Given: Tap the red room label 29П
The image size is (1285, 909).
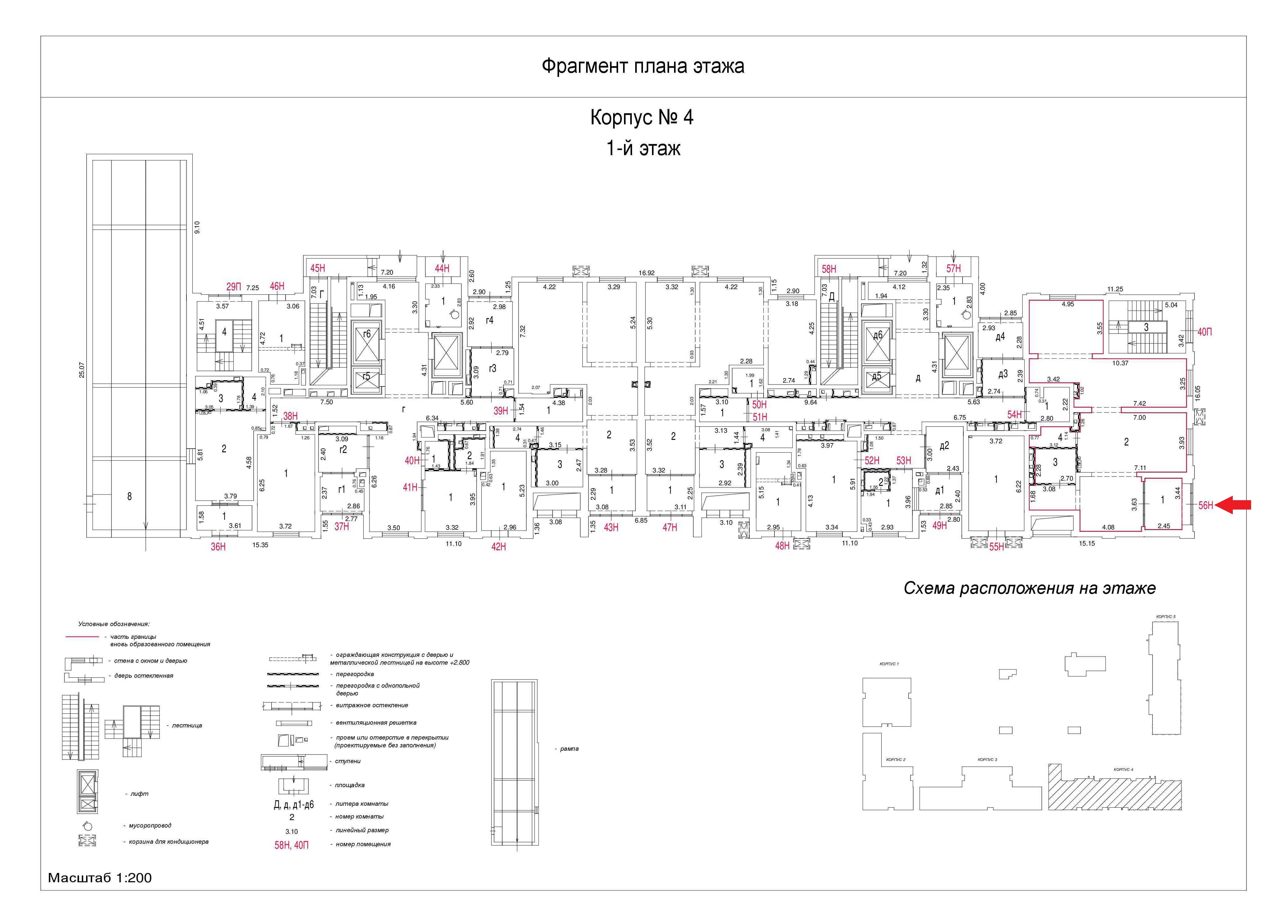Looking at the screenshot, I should [x=233, y=287].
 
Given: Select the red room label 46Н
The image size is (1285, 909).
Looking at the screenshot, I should [x=277, y=287].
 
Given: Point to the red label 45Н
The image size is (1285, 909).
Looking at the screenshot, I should [x=317, y=268].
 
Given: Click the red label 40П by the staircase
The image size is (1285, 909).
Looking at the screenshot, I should [x=1205, y=332].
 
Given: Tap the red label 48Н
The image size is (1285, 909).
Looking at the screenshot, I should [x=782, y=546].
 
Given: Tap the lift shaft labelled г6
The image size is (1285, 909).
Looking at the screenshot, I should [x=367, y=334].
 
